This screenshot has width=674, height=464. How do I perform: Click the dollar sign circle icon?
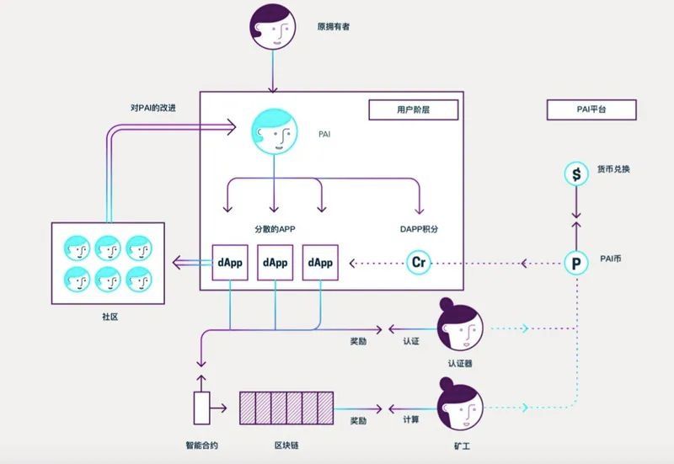pos(576,174)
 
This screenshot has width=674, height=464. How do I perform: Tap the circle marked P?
pos(576,263)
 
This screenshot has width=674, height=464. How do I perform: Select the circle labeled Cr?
pos(419,263)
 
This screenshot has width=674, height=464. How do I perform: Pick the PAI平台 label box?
pos(591,109)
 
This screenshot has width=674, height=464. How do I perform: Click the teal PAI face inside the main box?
pos(275,133)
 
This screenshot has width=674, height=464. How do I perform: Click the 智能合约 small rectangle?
pos(202,408)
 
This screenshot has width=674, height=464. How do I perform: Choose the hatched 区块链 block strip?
pos(286,408)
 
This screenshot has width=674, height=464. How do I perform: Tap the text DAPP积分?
pos(419,229)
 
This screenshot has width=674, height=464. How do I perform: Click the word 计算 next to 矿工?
pos(411,420)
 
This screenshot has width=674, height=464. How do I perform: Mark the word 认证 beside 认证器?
pos(411,341)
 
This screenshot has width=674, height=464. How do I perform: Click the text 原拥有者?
pos(334,27)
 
